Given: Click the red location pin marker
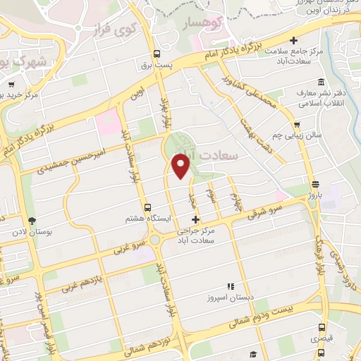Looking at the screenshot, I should tap(181, 166).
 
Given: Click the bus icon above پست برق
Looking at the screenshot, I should tap(157, 54).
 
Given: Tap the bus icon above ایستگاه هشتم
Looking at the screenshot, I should tap(147, 207).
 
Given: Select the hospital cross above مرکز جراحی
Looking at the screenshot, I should tap(195, 220).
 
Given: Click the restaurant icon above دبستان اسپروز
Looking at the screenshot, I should tap(230, 286).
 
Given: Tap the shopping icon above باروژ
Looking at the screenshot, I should tap(314, 184).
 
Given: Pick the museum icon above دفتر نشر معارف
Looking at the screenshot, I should tap(322, 81).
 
